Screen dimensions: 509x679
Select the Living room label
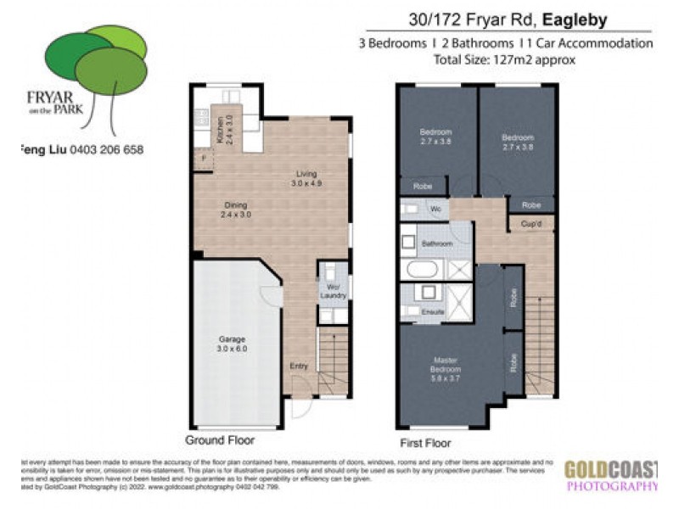click(x=306, y=179)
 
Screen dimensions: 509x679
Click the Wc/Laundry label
click(x=333, y=291)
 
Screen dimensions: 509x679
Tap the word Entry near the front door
click(x=298, y=366)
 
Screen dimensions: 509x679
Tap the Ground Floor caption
click(x=219, y=440)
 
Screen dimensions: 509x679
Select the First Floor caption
click(x=425, y=443)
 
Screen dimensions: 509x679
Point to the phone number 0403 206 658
click(x=107, y=150)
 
